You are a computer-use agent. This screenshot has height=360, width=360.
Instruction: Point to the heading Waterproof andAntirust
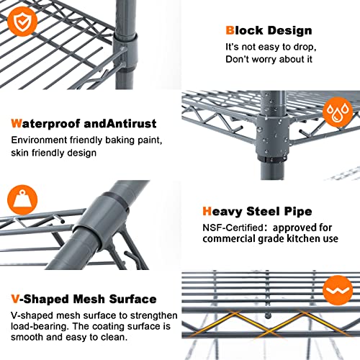(83, 123)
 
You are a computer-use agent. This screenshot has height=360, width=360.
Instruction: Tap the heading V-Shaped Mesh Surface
(83, 298)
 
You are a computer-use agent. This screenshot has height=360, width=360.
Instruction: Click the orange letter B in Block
(230, 31)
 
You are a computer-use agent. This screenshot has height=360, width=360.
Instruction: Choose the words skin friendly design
(53, 152)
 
